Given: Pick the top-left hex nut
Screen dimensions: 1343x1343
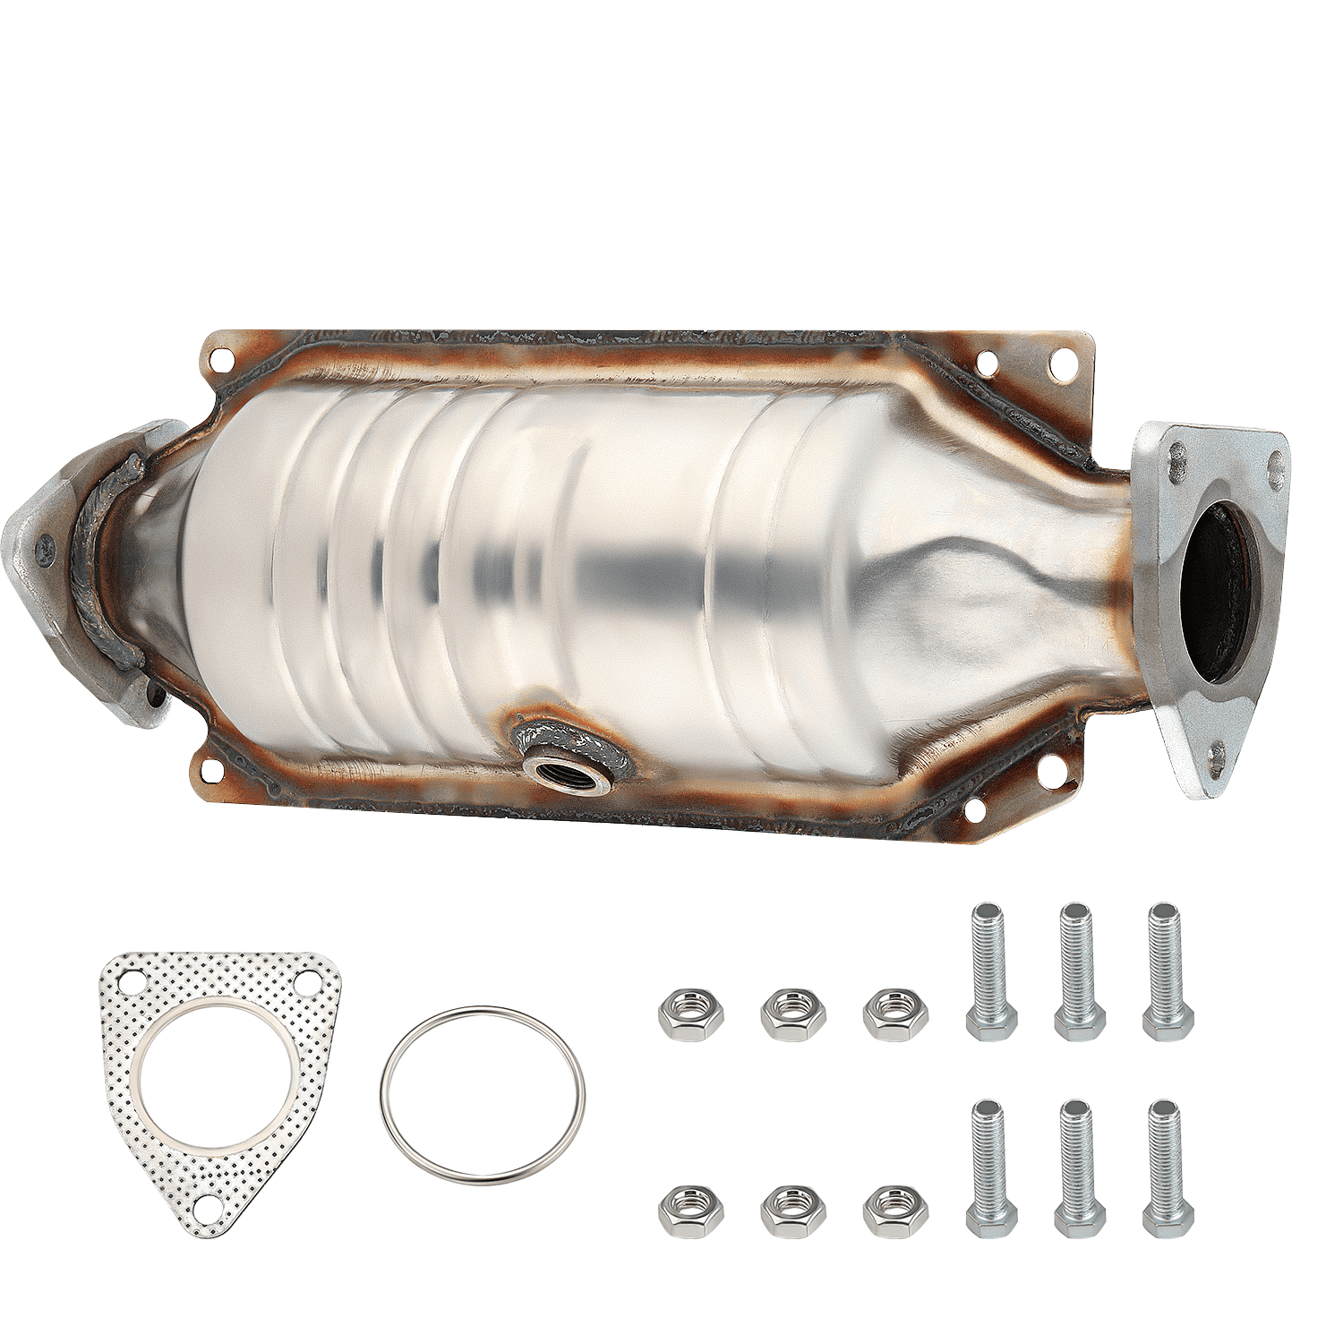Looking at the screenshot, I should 690,1014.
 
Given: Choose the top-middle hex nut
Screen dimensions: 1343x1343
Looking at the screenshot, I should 793,1014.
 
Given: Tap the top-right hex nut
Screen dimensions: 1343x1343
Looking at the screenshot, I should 895,1014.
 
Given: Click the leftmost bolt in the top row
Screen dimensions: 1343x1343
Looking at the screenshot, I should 991,971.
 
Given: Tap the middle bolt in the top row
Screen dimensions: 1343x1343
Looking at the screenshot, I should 1080,971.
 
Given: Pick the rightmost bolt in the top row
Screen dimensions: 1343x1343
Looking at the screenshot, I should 1168,971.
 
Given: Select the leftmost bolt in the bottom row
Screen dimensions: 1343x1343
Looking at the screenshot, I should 991,1168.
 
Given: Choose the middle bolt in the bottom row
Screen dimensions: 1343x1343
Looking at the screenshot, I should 1080,1168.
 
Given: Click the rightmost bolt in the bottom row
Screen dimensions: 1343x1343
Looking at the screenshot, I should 1168,1168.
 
